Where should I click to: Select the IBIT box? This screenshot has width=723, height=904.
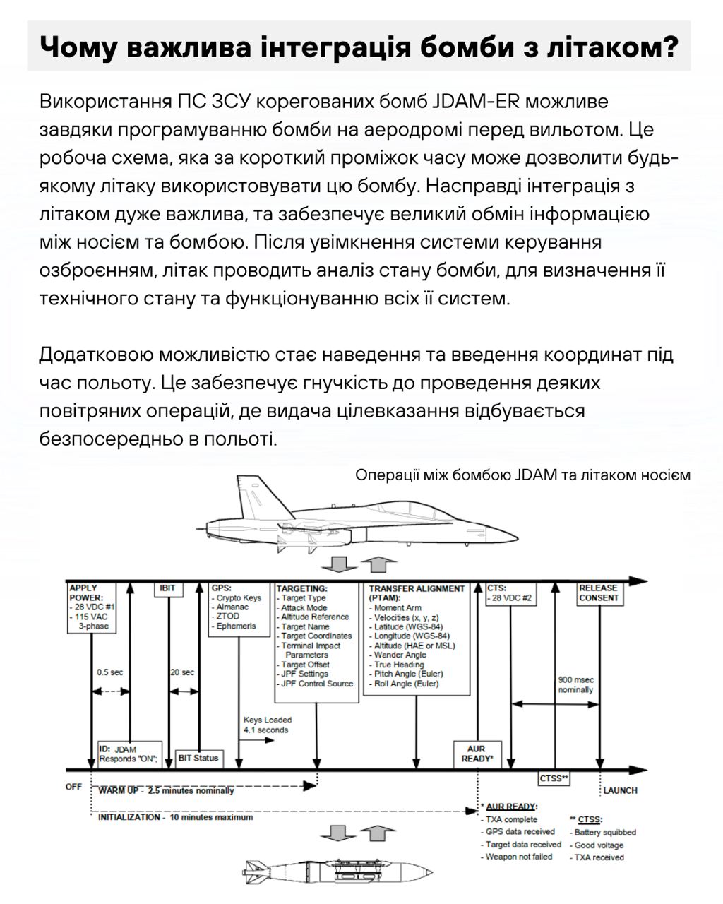tap(167, 589)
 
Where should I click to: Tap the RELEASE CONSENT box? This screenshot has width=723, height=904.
tap(598, 593)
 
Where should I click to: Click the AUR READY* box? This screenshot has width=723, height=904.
tap(476, 754)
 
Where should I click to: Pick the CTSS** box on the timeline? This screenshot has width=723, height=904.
tap(554, 778)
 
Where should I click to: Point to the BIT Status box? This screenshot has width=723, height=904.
tap(198, 758)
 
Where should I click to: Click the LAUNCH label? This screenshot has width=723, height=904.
tap(620, 790)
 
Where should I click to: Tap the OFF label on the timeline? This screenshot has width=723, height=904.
tap(73, 787)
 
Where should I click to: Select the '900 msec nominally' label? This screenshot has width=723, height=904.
tap(575, 684)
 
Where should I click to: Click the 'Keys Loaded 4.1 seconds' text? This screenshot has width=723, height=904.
tap(267, 725)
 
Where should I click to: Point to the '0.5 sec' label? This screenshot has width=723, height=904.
tap(109, 672)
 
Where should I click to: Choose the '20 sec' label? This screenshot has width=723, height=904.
tap(182, 672)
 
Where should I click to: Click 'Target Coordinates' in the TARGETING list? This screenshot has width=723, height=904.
tap(316, 636)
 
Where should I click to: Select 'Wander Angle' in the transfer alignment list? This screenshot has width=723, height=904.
tap(400, 655)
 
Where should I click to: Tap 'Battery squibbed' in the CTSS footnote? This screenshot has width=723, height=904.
tap(604, 833)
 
